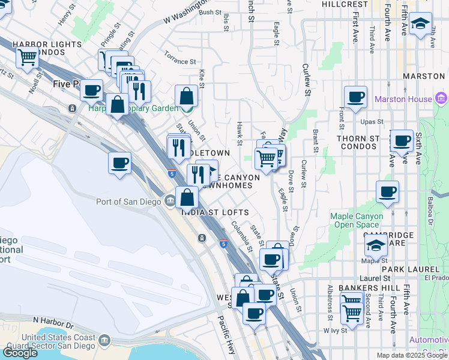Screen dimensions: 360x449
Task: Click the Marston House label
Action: click(x=403, y=99)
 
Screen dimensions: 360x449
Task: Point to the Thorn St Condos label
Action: click(x=358, y=143)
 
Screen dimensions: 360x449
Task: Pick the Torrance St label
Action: click(x=181, y=62)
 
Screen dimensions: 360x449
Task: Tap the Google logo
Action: click(x=19, y=353)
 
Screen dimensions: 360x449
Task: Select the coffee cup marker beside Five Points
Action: click(x=92, y=91)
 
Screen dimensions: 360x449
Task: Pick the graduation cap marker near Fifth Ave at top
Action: click(x=421, y=24)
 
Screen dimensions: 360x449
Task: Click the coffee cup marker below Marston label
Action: click(x=355, y=97)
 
